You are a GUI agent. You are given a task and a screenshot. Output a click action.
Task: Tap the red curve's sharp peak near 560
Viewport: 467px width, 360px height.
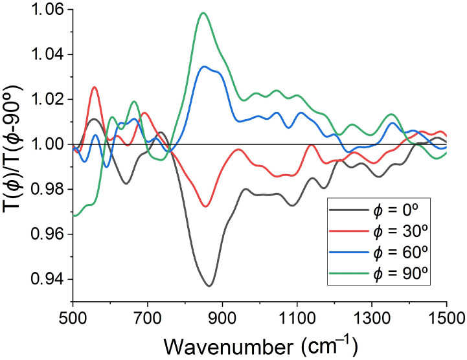(x=95, y=87)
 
